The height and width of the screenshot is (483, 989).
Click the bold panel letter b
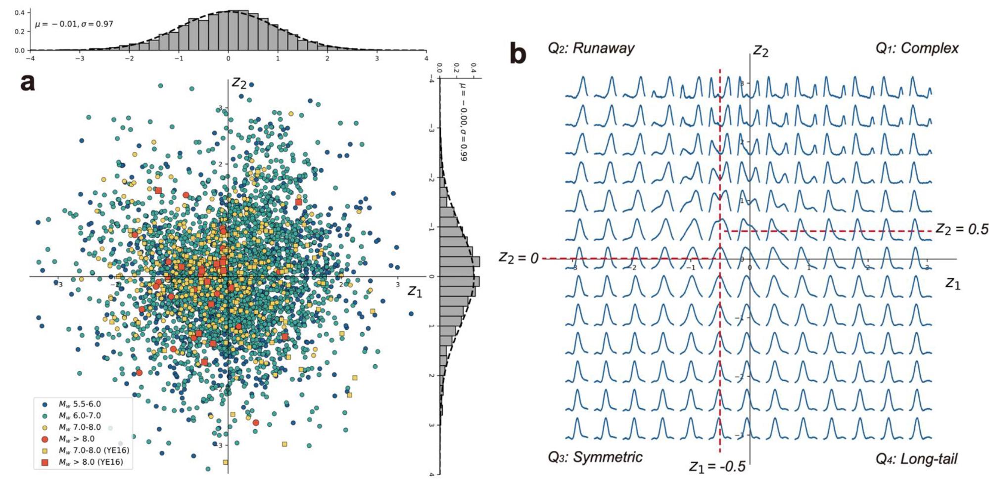coord(518,53)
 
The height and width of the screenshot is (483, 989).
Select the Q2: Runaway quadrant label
coord(591,48)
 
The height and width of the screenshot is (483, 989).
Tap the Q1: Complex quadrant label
coord(917,48)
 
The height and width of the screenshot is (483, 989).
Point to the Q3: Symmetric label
coord(595,457)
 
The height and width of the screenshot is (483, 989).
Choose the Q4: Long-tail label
coord(916,459)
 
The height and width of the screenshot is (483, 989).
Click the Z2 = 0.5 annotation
coord(962,229)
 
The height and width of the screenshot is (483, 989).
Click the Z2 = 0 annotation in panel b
coord(518,258)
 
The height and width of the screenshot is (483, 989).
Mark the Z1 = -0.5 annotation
coord(717,466)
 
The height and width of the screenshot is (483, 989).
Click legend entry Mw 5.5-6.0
coord(79,404)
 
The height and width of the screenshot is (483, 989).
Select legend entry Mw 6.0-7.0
coord(79,416)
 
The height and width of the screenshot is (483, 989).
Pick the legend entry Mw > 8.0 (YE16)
coord(91,462)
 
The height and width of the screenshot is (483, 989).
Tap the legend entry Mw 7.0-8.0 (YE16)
coord(94,450)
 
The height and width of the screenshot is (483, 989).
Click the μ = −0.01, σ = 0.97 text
coord(74,24)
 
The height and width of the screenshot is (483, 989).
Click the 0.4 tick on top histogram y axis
coord(19,12)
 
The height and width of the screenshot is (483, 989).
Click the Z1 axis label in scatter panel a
coord(415,292)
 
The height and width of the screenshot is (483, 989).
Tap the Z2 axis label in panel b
coord(760,51)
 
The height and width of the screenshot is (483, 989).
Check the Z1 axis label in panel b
coord(953,283)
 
